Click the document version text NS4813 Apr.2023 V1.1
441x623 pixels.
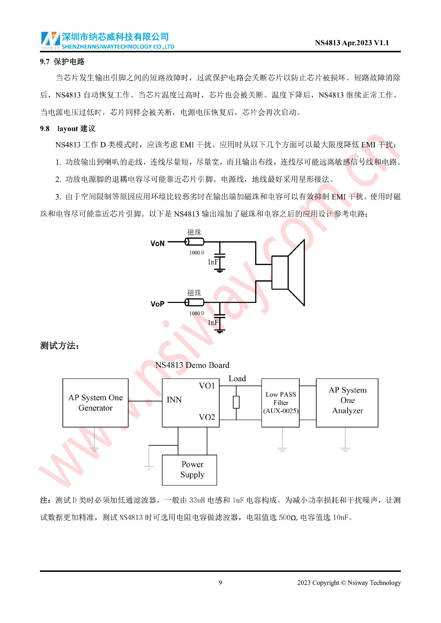click(352, 43)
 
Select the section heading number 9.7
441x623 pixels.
click(45, 62)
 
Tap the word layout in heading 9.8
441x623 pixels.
click(67, 129)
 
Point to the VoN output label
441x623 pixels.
click(158, 243)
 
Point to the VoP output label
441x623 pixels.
click(158, 304)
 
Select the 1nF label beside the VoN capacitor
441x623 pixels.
click(213, 262)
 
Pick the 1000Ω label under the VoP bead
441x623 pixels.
click(197, 313)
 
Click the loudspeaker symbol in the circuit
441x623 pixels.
click(288, 272)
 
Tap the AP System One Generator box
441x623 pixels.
click(95, 403)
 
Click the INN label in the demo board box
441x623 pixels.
click(174, 400)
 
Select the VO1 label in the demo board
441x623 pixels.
click(207, 386)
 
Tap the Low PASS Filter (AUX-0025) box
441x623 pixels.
click(280, 403)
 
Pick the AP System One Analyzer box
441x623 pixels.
click(347, 403)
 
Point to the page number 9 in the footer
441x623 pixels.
click(220, 583)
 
